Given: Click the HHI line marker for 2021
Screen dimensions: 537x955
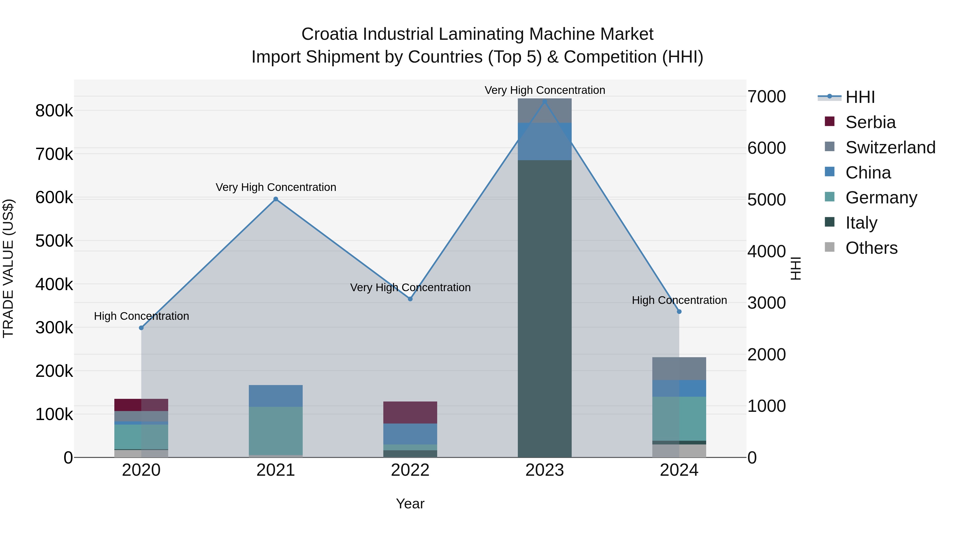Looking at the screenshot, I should tap(276, 199).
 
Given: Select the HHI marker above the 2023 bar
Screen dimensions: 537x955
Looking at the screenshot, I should tap(545, 102).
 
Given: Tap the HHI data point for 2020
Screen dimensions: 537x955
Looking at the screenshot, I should tap(141, 328).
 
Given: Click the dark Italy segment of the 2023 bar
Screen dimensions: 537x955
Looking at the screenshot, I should tap(545, 308).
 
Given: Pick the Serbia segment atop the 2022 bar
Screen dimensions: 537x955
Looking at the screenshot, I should tap(410, 412).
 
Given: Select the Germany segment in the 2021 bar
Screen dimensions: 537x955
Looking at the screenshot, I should tap(276, 431).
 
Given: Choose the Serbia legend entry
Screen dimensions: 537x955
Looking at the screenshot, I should tap(870, 122).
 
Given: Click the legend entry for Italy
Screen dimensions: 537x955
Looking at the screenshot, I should tap(861, 223).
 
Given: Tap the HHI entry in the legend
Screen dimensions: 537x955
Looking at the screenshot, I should tap(860, 97).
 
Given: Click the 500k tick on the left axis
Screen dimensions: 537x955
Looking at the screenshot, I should tap(54, 241).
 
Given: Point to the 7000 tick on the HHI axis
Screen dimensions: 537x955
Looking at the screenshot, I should tap(766, 97).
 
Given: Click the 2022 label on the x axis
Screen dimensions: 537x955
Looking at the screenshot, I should tap(410, 470).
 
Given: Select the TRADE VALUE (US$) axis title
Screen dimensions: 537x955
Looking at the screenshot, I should tap(8, 268).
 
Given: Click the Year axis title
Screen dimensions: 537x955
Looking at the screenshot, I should tap(410, 504).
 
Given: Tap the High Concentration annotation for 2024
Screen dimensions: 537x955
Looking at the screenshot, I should tap(679, 300).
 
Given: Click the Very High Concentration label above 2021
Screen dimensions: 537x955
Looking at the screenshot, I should tap(276, 187).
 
